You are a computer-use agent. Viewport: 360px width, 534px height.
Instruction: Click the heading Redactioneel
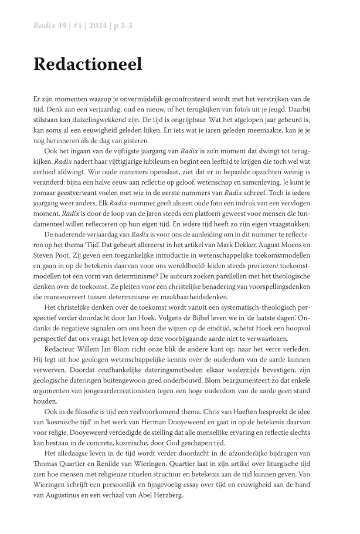(88, 65)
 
